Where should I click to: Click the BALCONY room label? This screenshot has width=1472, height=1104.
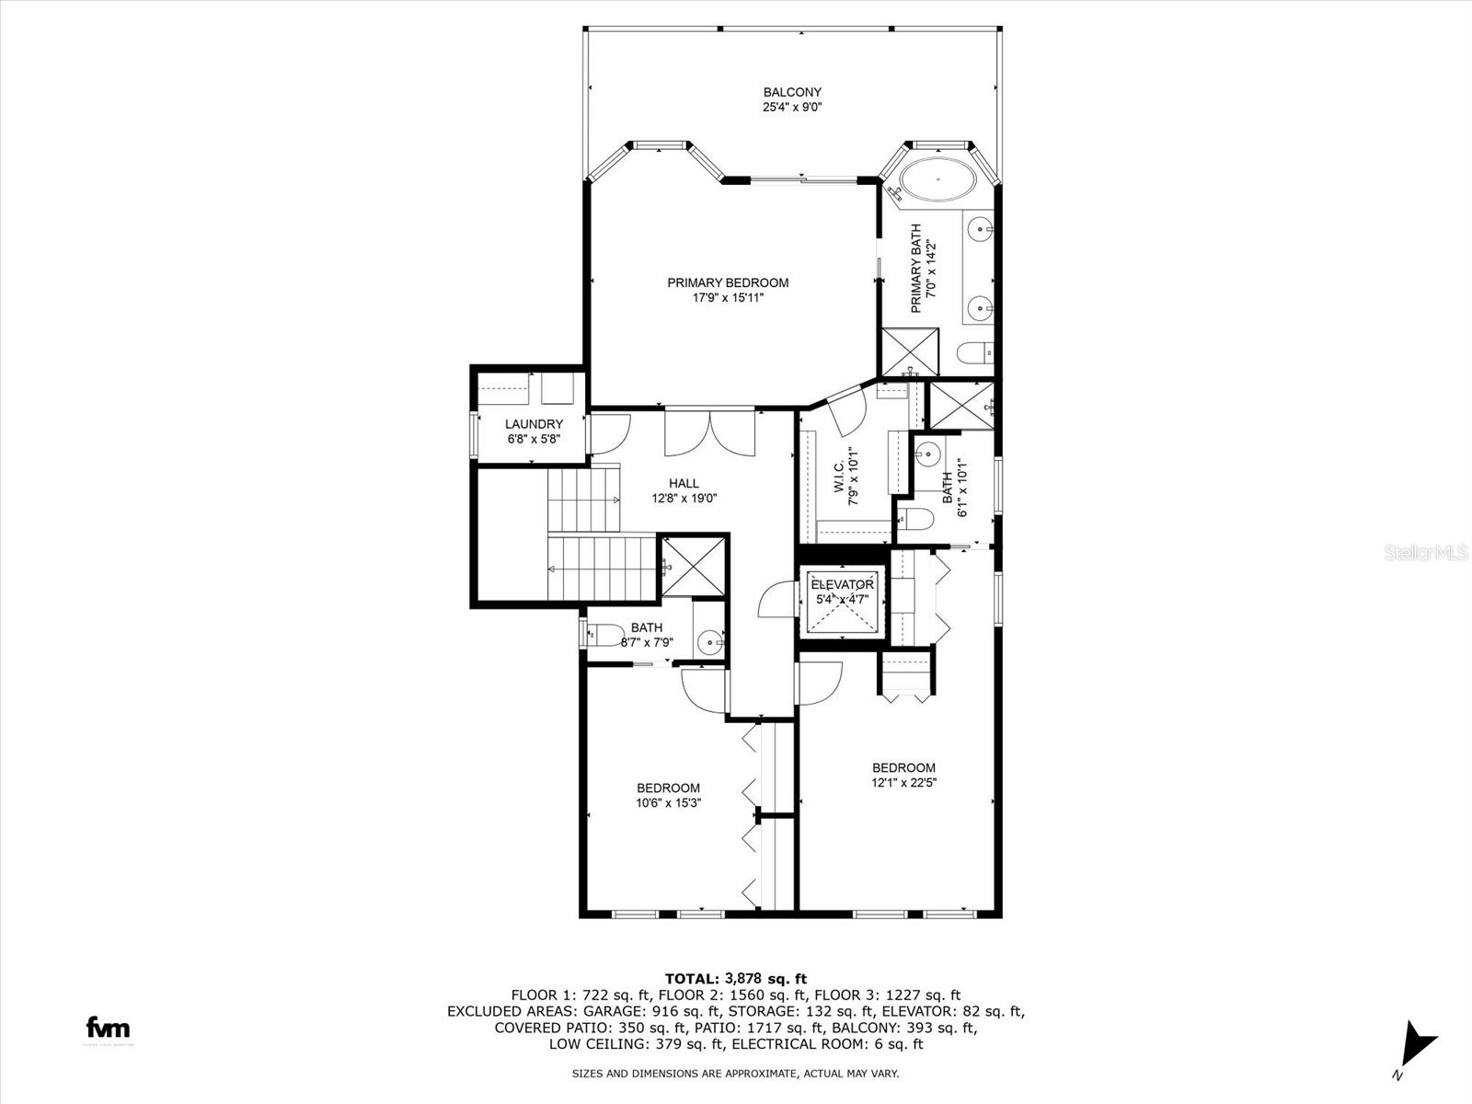coord(792,92)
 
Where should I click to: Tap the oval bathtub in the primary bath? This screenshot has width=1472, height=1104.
coord(937,180)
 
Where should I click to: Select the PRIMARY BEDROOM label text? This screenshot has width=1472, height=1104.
coord(728,282)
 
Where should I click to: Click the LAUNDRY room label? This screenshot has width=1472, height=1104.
coord(534,424)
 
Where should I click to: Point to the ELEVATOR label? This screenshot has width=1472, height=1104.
coord(842,585)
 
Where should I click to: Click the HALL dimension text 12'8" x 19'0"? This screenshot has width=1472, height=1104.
coord(684,499)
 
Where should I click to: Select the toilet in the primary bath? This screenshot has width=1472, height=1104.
coord(973,352)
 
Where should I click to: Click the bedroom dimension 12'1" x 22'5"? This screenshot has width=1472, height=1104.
coord(903,783)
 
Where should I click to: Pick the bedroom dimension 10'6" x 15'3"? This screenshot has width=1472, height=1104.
coord(668,802)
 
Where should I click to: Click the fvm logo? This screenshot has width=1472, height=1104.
coord(108,1028)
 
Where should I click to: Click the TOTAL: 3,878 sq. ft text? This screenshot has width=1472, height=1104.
coord(735,978)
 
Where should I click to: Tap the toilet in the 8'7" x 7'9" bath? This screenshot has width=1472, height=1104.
coord(603,634)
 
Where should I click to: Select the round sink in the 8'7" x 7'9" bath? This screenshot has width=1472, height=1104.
coord(709,639)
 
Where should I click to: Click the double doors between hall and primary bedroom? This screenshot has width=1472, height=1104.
coord(709,432)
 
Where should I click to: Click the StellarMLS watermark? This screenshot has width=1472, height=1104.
coord(1426,552)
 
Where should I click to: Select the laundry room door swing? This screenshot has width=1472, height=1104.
coord(607,433)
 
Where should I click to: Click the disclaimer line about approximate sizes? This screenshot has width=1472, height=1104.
coord(735,1073)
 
